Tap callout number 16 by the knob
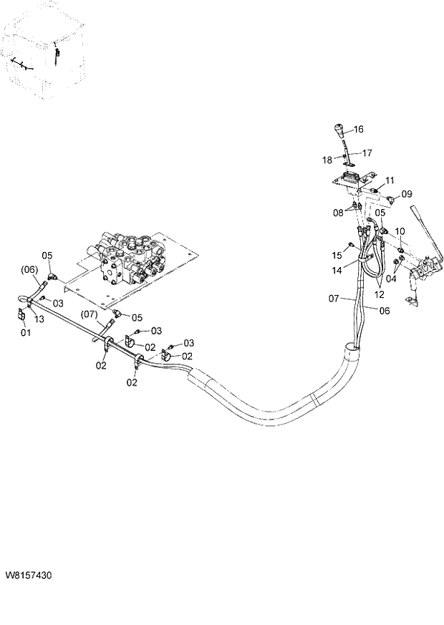pos(358,130)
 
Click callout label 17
pos(367,152)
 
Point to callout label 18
pos(327,159)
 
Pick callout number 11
pos(390,180)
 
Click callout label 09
pos(407,193)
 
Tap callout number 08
pos(337,212)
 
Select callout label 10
pos(400,231)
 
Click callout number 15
pos(337,256)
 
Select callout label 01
pos(26,333)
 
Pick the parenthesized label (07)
pos(89,314)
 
